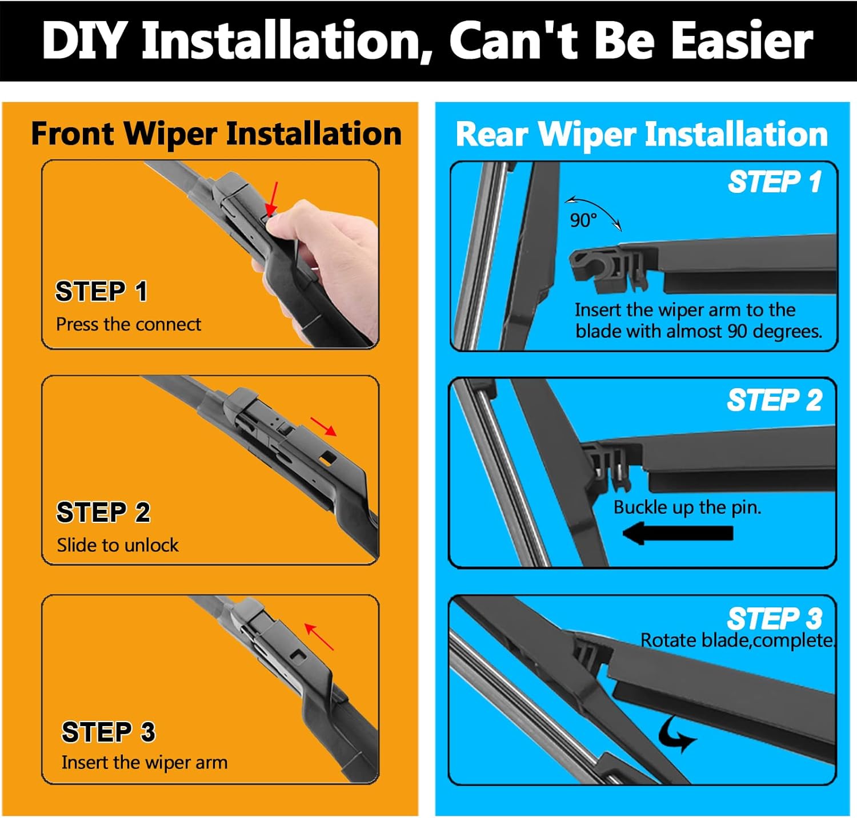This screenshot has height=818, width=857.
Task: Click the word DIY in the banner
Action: pos(84,41)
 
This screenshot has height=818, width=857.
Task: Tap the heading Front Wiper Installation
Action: pos(216,134)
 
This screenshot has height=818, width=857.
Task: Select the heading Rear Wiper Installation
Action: pos(642,135)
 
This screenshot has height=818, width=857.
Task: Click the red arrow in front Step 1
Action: pos(273,199)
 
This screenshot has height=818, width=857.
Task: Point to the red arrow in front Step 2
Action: pos(323,426)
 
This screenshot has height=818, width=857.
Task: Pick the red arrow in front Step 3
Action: pos(318,636)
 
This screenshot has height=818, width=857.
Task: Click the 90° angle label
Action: pos(583,220)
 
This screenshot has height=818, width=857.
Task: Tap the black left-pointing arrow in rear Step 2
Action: pos(678,534)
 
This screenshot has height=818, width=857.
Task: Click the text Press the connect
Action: pos(129,324)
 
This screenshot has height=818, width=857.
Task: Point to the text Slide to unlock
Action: pos(118,545)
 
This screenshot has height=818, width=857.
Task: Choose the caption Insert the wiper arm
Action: pos(145,763)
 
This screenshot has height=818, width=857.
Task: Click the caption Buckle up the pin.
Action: pos(687,507)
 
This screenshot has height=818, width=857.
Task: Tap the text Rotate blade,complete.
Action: pos(738,640)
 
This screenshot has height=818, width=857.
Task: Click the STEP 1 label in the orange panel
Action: pos(101,291)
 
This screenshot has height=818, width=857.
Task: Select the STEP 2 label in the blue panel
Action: pos(774,400)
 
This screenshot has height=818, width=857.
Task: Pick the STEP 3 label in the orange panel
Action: pos(108,732)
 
